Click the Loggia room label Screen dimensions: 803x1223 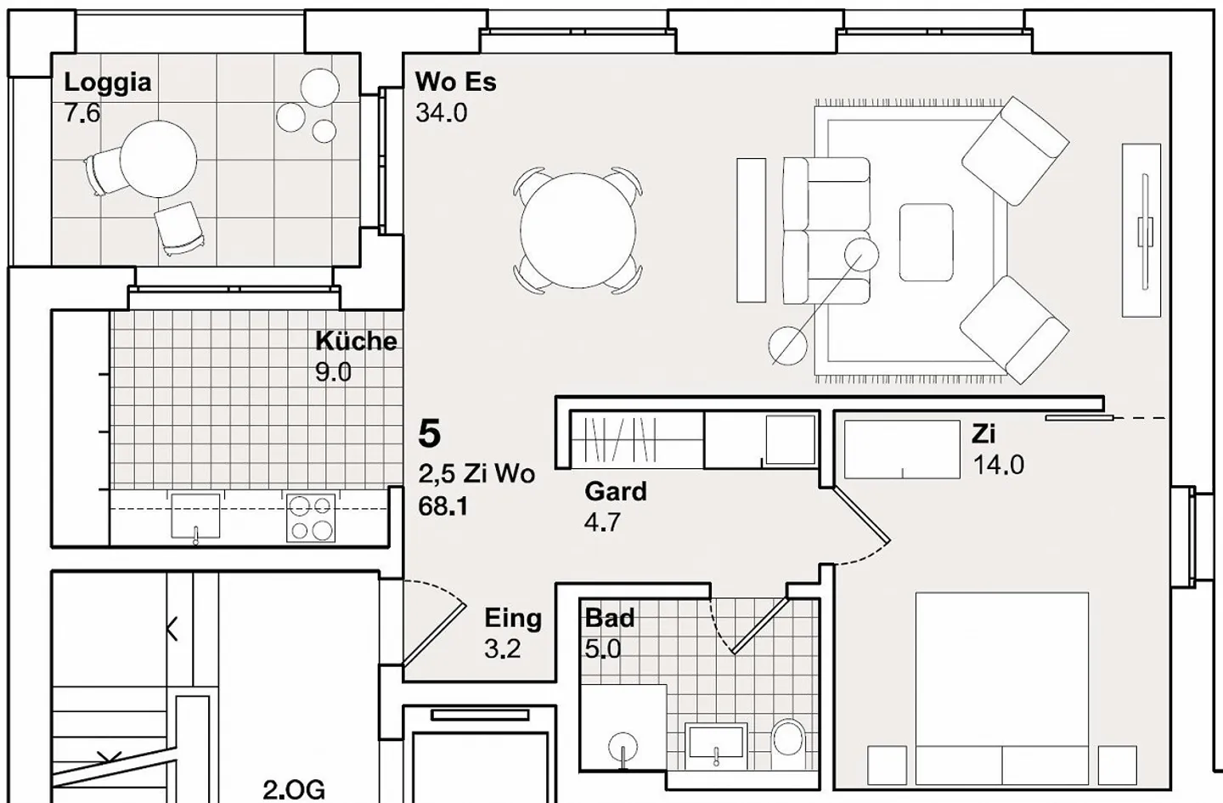click(x=107, y=82)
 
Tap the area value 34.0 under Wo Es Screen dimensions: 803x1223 click(x=441, y=113)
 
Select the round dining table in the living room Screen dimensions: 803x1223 click(x=578, y=230)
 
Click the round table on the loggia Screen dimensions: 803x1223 click(x=158, y=159)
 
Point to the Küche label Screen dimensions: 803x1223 click(x=356, y=342)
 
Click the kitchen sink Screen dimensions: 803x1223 click(x=195, y=516)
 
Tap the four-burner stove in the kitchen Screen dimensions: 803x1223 click(x=310, y=518)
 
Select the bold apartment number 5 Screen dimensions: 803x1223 click(x=430, y=434)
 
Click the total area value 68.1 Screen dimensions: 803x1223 click(x=442, y=506)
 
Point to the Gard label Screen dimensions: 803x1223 click(x=615, y=491)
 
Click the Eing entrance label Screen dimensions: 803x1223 click(x=512, y=618)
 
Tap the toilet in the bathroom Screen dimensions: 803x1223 click(x=788, y=738)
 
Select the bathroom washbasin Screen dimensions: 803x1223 click(x=717, y=742)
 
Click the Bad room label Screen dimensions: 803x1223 click(x=609, y=618)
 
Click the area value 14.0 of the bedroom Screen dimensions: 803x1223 click(x=998, y=465)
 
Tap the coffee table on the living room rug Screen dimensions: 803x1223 click(x=926, y=242)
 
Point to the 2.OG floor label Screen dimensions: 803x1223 click(x=293, y=789)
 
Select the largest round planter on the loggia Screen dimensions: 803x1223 click(x=319, y=88)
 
